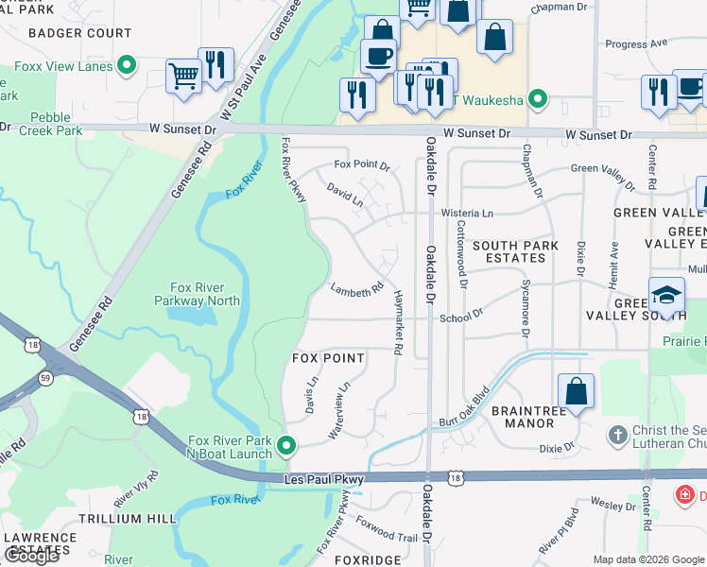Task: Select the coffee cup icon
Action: [x=378, y=56]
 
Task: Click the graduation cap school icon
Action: [x=666, y=294]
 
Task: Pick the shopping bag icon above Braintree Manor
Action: [x=576, y=390]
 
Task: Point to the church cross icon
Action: [x=617, y=434]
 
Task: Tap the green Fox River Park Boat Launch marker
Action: [x=288, y=443]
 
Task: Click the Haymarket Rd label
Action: [x=399, y=322]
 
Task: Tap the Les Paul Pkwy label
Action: [x=324, y=481]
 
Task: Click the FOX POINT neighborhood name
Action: [x=328, y=358]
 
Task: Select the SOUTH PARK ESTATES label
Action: [x=516, y=251]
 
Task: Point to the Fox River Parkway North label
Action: [x=198, y=294]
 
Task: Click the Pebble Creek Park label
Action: [x=50, y=124]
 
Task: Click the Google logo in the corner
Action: [x=31, y=556]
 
